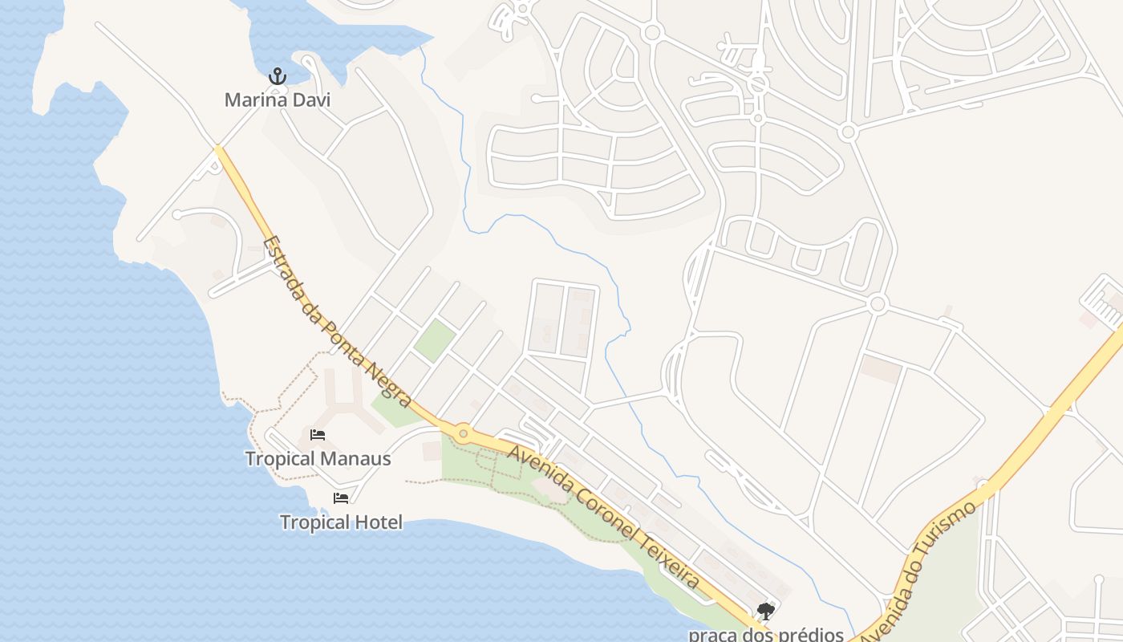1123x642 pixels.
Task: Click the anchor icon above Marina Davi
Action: point(277,76)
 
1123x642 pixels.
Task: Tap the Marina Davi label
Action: point(277,100)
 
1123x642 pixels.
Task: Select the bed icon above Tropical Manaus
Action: point(318,435)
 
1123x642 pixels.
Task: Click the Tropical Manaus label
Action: point(318,459)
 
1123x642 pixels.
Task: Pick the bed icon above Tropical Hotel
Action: point(341,498)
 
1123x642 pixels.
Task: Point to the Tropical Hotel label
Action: point(341,522)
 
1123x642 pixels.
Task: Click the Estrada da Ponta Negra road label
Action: point(338,322)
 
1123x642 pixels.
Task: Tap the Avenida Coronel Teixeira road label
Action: point(604,517)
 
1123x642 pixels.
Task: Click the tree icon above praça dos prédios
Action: point(766,612)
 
